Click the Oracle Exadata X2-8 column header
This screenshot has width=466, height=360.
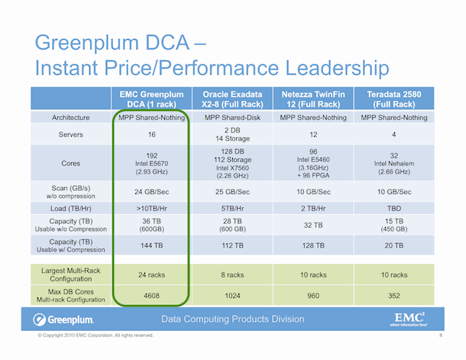[232, 99]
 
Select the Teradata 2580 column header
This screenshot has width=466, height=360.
[394, 99]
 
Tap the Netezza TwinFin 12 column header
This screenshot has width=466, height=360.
[313, 99]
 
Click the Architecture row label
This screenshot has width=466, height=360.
[71, 118]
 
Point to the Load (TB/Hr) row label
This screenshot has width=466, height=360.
[71, 209]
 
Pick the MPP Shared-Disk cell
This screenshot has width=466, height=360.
[232, 118]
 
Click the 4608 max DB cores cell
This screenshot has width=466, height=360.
[151, 296]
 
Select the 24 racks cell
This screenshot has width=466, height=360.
[151, 275]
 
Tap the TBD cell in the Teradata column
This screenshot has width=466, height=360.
[394, 209]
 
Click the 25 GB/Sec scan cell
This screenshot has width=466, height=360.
[232, 192]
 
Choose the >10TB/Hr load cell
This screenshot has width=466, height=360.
[151, 209]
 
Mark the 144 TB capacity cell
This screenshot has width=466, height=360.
[151, 245]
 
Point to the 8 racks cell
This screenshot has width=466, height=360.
[232, 275]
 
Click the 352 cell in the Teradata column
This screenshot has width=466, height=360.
[394, 296]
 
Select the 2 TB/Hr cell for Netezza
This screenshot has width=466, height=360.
[313, 209]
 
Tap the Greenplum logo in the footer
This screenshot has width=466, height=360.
[63, 319]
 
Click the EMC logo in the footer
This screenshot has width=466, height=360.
[409, 319]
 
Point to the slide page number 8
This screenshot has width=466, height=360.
[441, 336]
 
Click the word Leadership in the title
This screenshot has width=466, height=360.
[337, 69]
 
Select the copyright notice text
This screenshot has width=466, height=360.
[95, 336]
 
